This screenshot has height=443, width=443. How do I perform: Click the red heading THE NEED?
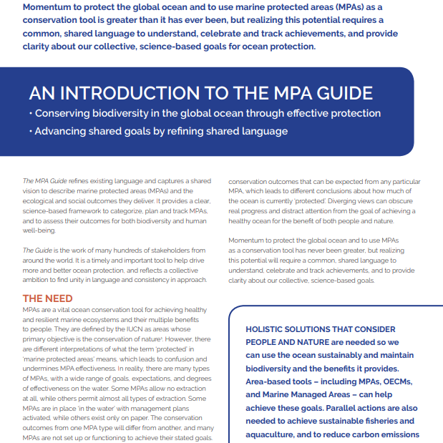click(x=47, y=298)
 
